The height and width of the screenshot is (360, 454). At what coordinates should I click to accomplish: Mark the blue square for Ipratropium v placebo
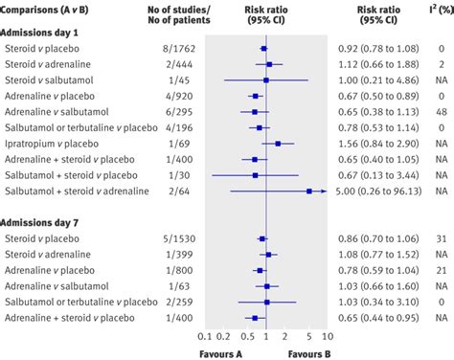(x=278, y=143)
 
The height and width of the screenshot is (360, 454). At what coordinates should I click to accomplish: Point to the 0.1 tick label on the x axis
(x=203, y=337)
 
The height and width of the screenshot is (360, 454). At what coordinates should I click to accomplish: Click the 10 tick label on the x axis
(x=328, y=337)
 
